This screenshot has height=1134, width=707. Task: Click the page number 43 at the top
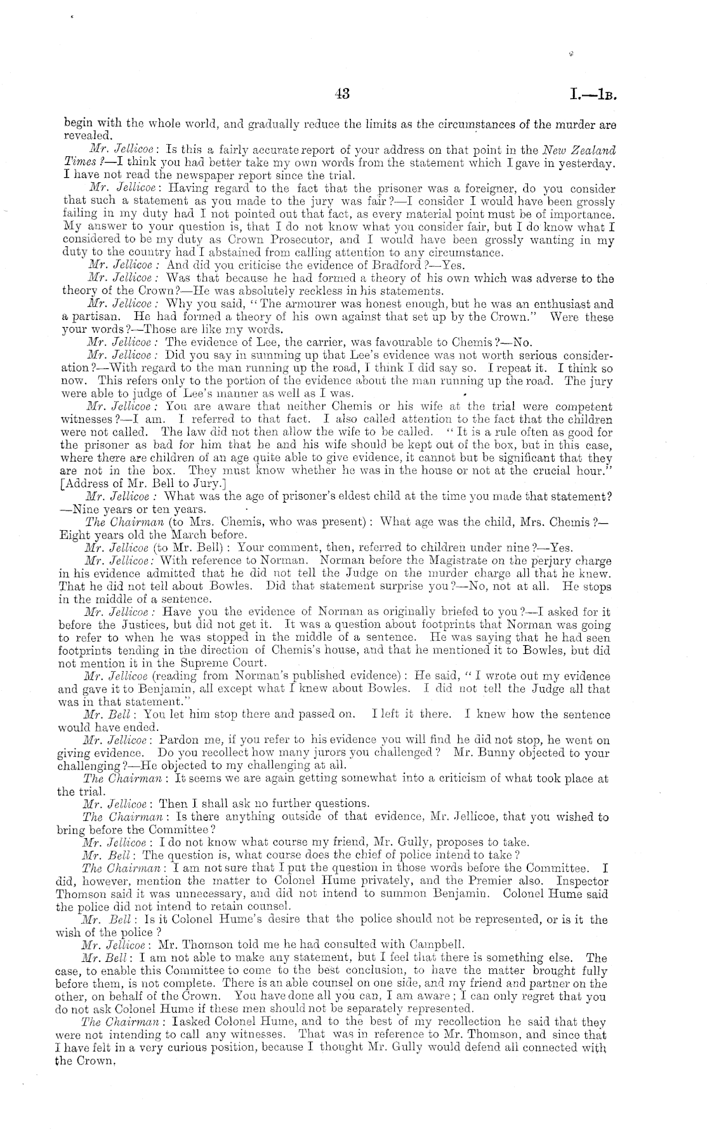pyautogui.click(x=342, y=94)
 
